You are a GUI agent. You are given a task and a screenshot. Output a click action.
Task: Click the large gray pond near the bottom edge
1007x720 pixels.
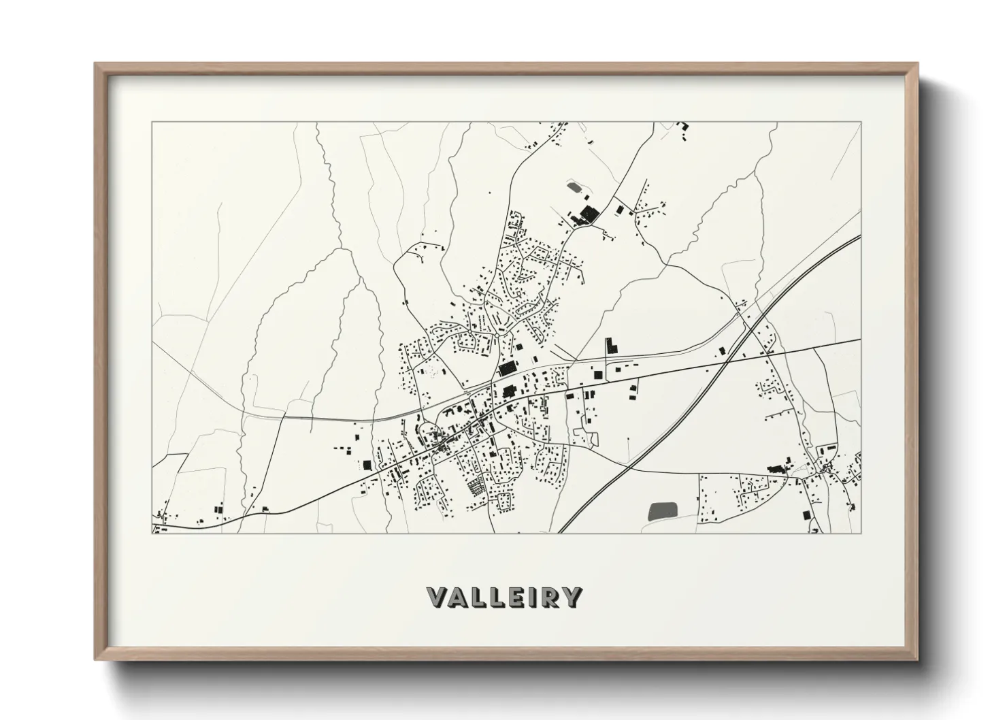coord(663,510)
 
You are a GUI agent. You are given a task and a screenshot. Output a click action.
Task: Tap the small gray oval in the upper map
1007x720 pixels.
coord(573,186)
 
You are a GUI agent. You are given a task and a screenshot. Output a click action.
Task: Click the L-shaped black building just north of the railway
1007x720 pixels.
coord(610,345)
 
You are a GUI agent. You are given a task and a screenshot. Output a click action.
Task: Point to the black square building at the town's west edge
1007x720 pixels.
coord(367,465)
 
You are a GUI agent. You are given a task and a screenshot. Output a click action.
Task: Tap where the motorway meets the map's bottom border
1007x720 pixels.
coord(561,532)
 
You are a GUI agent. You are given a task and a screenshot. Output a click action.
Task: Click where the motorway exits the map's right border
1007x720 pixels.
coord(860,237)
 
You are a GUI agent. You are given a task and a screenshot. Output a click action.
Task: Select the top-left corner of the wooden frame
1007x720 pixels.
coord(96,64)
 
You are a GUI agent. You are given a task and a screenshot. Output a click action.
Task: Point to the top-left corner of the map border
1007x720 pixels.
coord(152,122)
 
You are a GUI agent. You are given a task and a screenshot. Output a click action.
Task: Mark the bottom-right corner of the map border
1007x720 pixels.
coord(861,533)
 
